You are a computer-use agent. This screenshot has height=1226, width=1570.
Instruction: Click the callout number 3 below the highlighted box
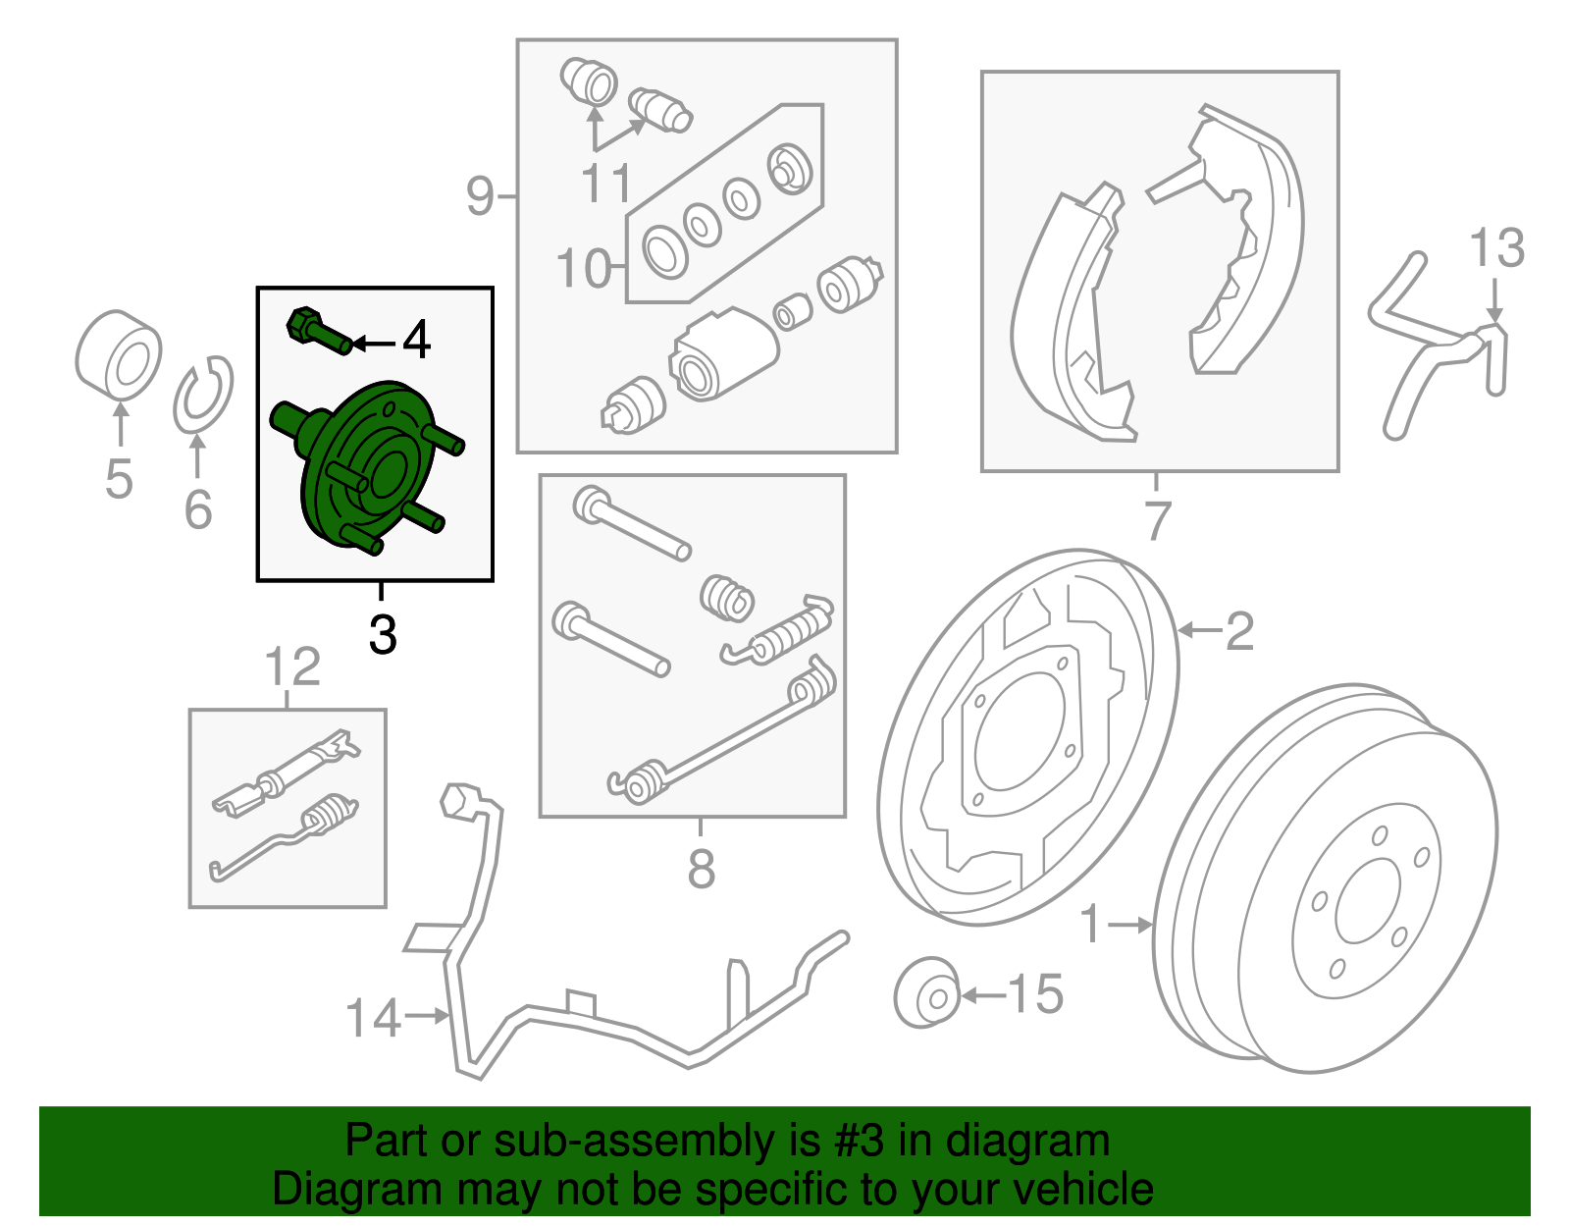pos(383,635)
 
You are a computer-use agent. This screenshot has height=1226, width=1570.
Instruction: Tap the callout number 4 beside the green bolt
pos(416,340)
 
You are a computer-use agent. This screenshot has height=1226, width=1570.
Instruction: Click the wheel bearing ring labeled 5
pos(119,354)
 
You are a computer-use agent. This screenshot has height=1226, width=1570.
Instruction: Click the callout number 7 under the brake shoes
pos(1158,520)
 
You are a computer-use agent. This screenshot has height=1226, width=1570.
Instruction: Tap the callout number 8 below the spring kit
pos(701,869)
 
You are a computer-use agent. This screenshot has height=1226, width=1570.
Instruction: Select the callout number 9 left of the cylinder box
pos(480,195)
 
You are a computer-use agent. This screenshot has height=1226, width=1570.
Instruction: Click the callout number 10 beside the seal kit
pos(582,269)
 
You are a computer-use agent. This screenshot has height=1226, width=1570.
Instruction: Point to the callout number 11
pos(605,184)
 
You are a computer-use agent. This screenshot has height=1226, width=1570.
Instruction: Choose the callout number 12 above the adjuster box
pos(291,666)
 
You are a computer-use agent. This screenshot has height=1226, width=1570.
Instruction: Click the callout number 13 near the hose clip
pos(1496,247)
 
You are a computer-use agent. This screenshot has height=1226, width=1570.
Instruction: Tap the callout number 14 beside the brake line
pos(373,1019)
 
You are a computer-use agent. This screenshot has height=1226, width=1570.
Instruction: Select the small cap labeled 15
pos(927,993)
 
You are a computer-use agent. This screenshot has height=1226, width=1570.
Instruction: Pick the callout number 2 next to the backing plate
pos(1239,631)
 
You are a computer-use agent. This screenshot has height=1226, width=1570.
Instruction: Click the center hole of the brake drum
pos(1367,902)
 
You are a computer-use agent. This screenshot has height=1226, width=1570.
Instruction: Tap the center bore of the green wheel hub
pos(390,474)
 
